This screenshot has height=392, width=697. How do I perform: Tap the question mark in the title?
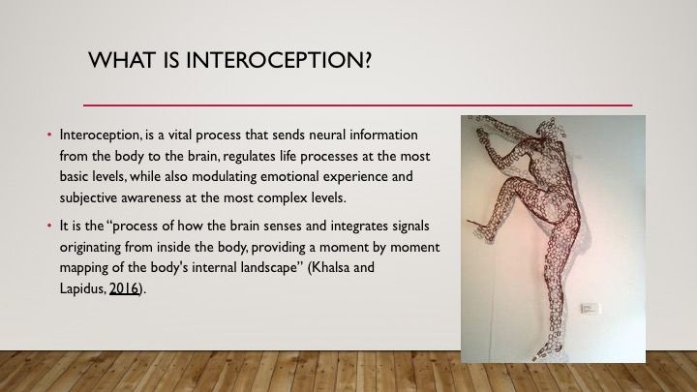pyautogui.click(x=367, y=60)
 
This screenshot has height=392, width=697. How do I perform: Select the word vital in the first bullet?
pyautogui.click(x=180, y=135)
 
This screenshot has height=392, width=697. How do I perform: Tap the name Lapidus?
pyautogui.click(x=82, y=289)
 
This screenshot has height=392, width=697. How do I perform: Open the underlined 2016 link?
pyautogui.click(x=124, y=288)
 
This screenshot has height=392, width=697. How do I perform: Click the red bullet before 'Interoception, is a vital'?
pyautogui.click(x=49, y=135)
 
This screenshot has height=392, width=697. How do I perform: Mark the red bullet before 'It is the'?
pyautogui.click(x=49, y=226)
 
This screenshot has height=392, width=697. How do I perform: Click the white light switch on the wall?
pyautogui.click(x=591, y=308)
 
